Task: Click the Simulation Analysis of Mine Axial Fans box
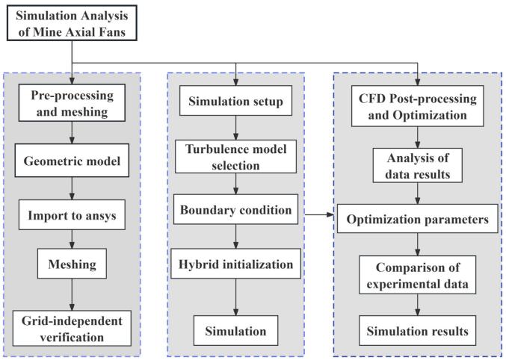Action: (x=72, y=23)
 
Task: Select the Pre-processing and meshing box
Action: (x=72, y=103)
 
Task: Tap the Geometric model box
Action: (x=72, y=161)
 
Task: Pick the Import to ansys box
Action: (x=72, y=215)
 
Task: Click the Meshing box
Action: (x=72, y=264)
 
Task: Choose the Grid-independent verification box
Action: (x=72, y=328)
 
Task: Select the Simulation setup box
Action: (x=236, y=101)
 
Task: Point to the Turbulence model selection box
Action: (x=236, y=156)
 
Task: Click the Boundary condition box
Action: (x=236, y=209)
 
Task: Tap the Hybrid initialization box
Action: (x=236, y=264)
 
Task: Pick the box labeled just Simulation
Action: (x=236, y=331)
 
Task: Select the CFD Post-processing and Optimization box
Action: (x=418, y=106)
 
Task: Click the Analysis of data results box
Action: (x=418, y=166)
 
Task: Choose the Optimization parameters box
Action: (x=418, y=218)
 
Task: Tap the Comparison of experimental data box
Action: (x=418, y=275)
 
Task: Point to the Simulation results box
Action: (x=418, y=331)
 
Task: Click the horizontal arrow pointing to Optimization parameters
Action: (x=319, y=214)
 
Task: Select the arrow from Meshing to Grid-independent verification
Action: (x=72, y=294)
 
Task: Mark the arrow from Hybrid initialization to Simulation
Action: (x=236, y=297)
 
